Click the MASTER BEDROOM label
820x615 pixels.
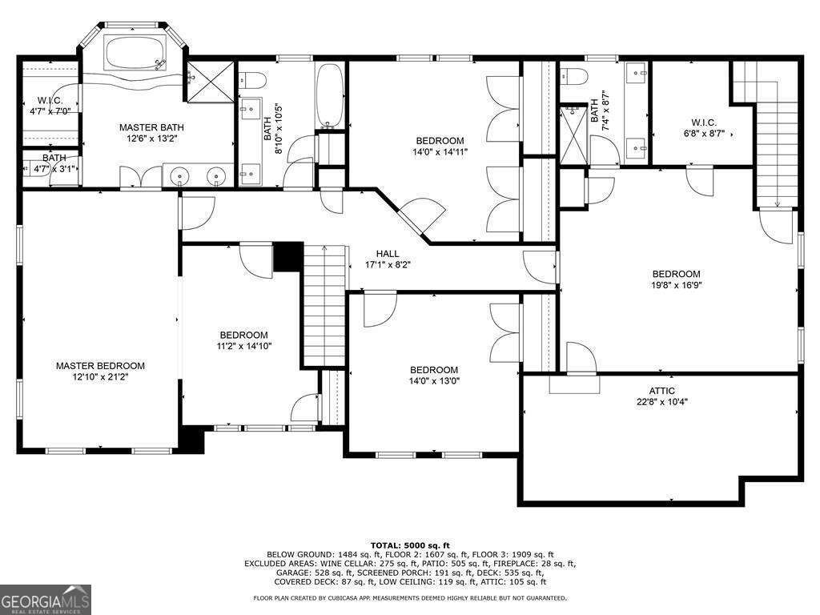tap(100, 365)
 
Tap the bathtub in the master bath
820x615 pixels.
tap(135, 52)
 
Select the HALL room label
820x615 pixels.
tap(388, 254)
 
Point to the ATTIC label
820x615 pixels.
tap(661, 391)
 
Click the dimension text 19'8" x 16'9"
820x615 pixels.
tap(676, 286)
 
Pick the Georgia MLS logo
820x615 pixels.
tap(46, 599)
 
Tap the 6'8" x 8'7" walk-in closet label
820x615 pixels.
tap(704, 134)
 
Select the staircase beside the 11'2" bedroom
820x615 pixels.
tap(325, 305)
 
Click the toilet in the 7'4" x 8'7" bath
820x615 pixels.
tap(573, 76)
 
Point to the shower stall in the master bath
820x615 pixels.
tap(211, 82)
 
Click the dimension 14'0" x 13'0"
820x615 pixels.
tap(434, 381)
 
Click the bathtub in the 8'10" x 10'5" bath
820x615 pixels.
tap(330, 96)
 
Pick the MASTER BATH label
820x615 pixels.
tap(151, 127)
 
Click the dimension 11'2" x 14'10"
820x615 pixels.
tap(243, 346)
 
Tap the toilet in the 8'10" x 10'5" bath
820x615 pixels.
tap(253, 81)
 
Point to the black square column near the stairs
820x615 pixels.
tap(288, 257)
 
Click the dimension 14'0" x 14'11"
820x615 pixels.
tap(440, 152)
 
